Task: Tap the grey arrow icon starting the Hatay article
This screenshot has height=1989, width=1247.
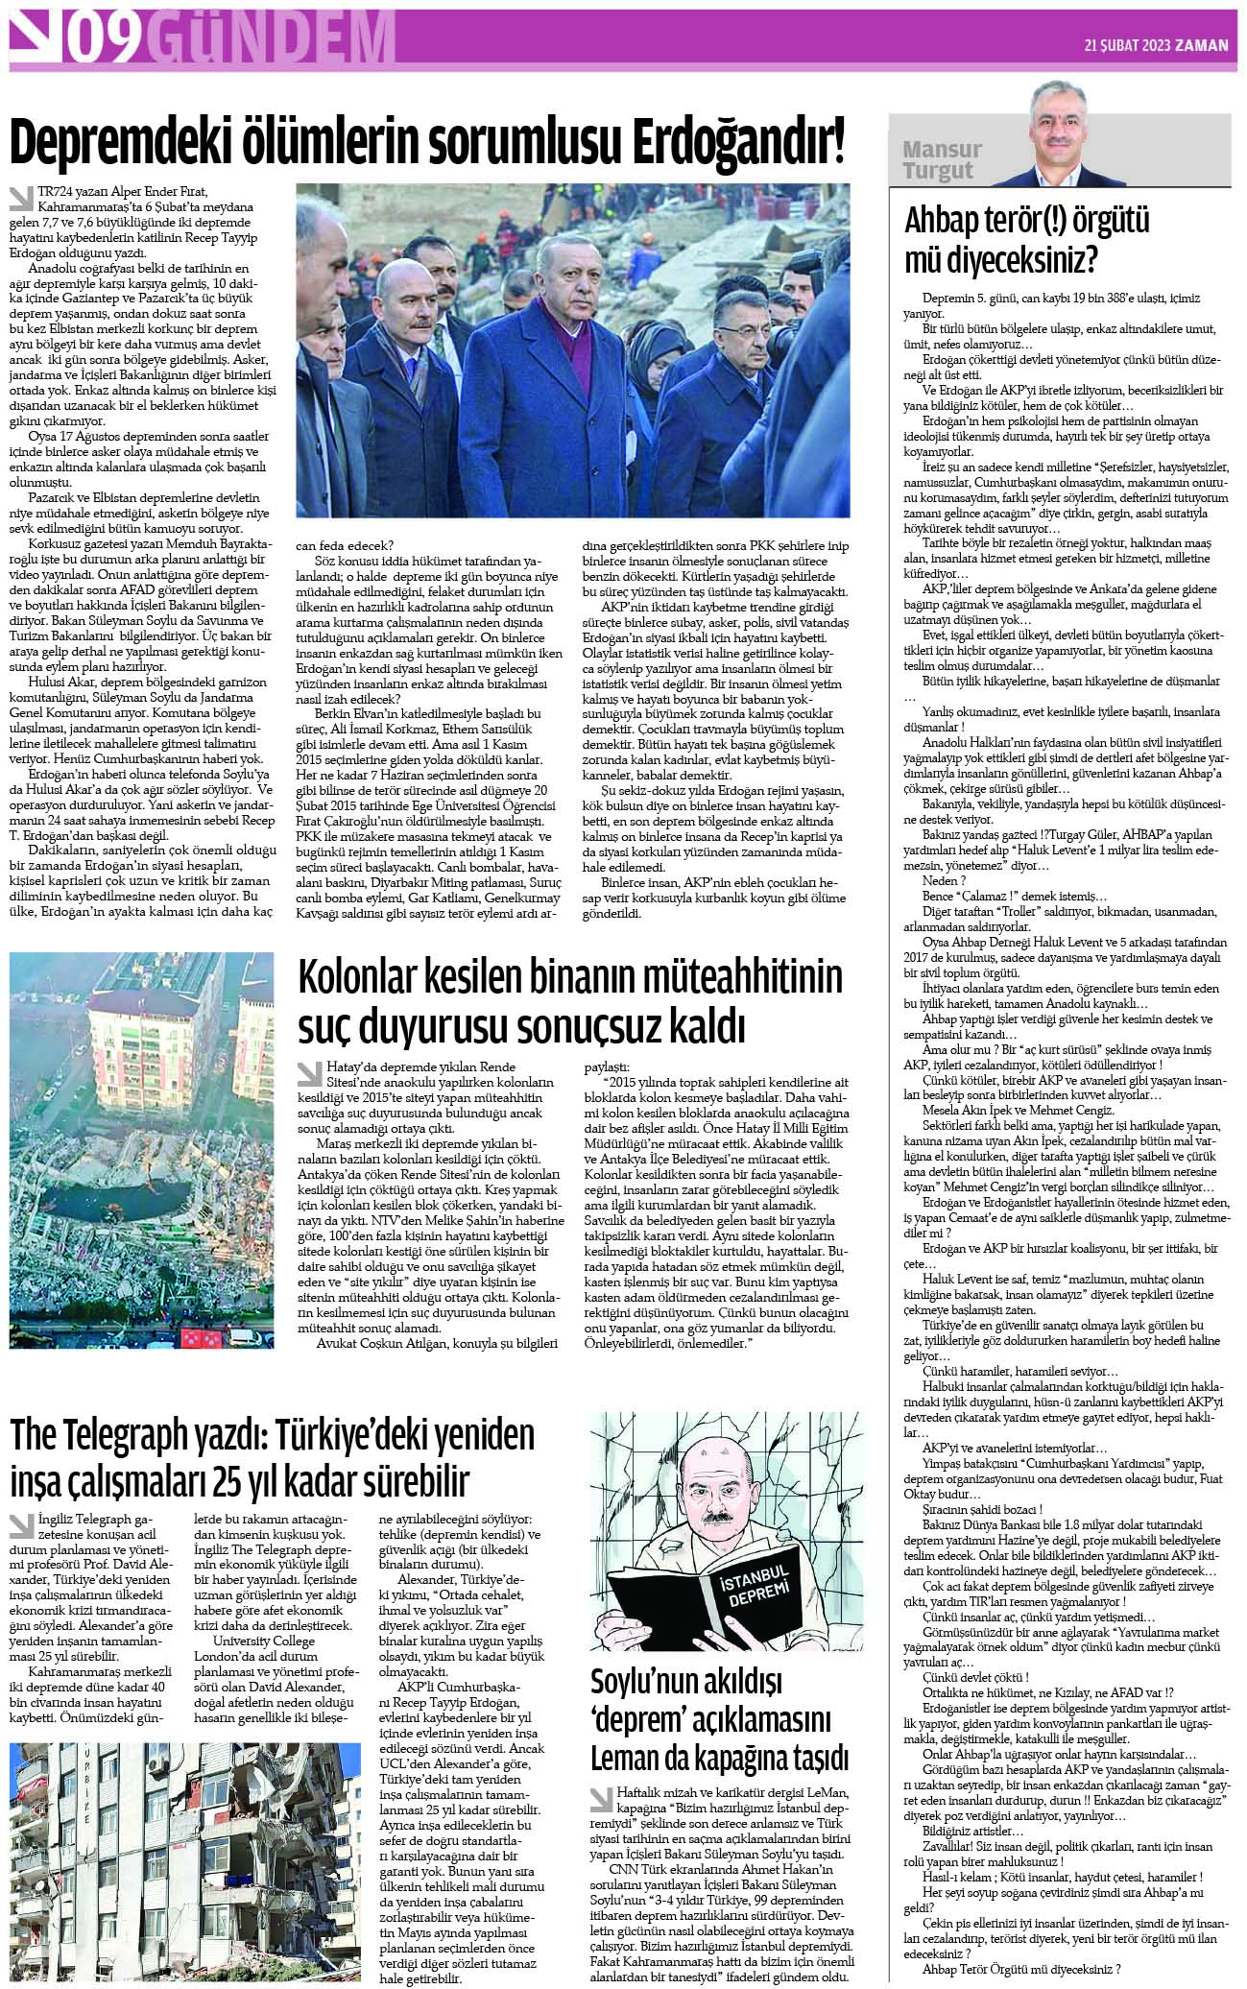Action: [x=310, y=1072]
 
